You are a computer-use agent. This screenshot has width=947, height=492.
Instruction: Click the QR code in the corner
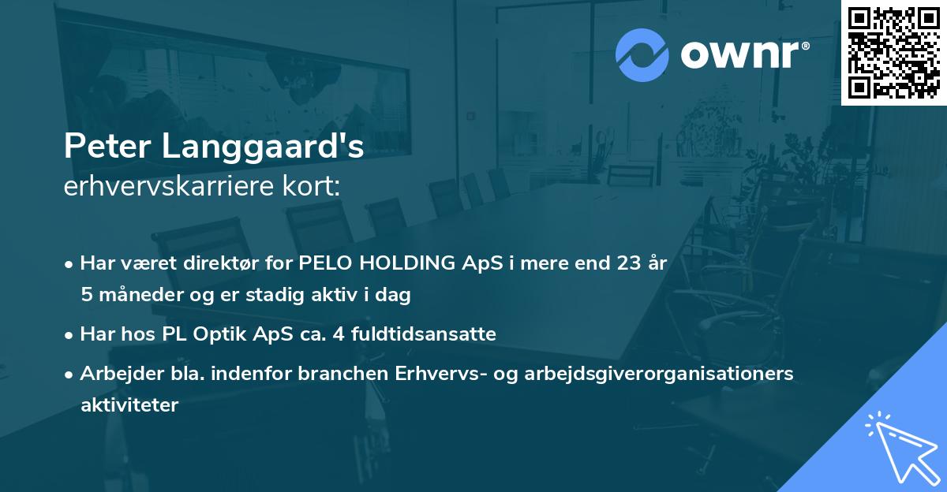(893, 53)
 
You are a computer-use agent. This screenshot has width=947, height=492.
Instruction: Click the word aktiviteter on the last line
(129, 405)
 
